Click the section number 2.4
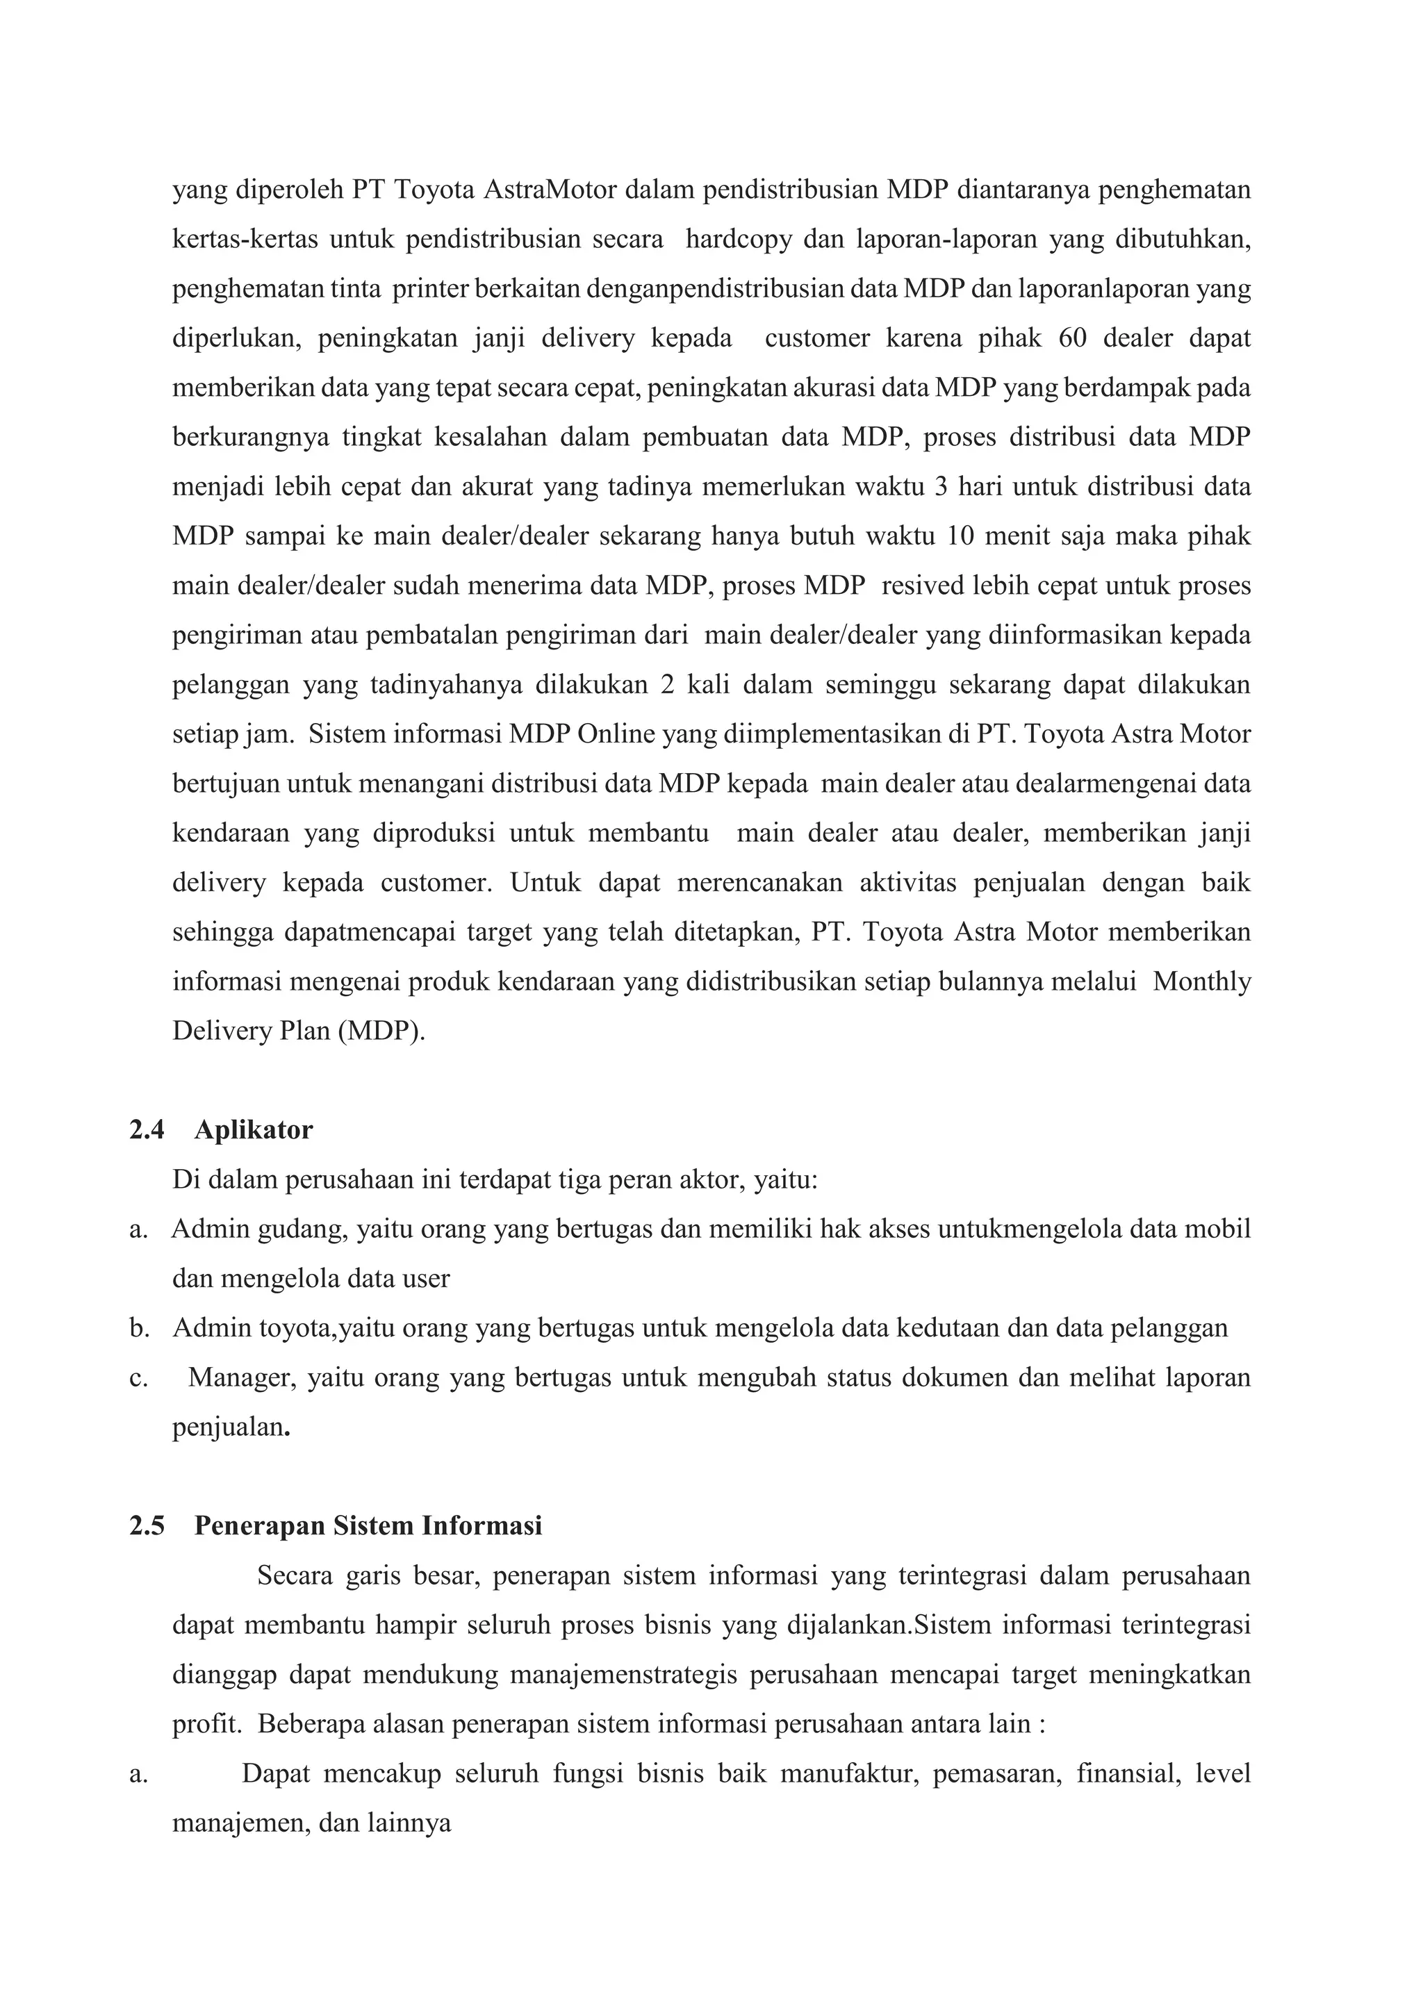tap(147, 1130)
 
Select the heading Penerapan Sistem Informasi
tap(368, 1526)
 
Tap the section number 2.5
tap(147, 1526)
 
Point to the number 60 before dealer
tap(1071, 338)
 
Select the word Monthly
tap(1201, 981)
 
